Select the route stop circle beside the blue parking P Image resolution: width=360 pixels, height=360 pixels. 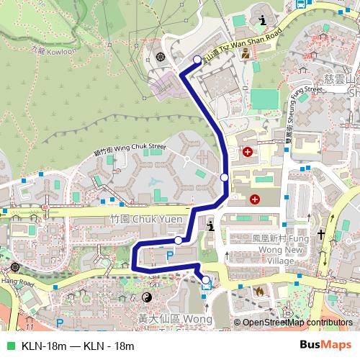pyautogui.click(x=178, y=240)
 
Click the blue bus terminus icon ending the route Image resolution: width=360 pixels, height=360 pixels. pyautogui.click(x=206, y=282)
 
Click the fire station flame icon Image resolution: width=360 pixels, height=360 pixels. pyautogui.click(x=258, y=292)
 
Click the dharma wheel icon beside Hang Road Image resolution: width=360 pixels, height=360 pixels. pyautogui.click(x=16, y=267)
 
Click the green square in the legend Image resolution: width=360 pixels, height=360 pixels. pyautogui.click(x=9, y=345)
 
